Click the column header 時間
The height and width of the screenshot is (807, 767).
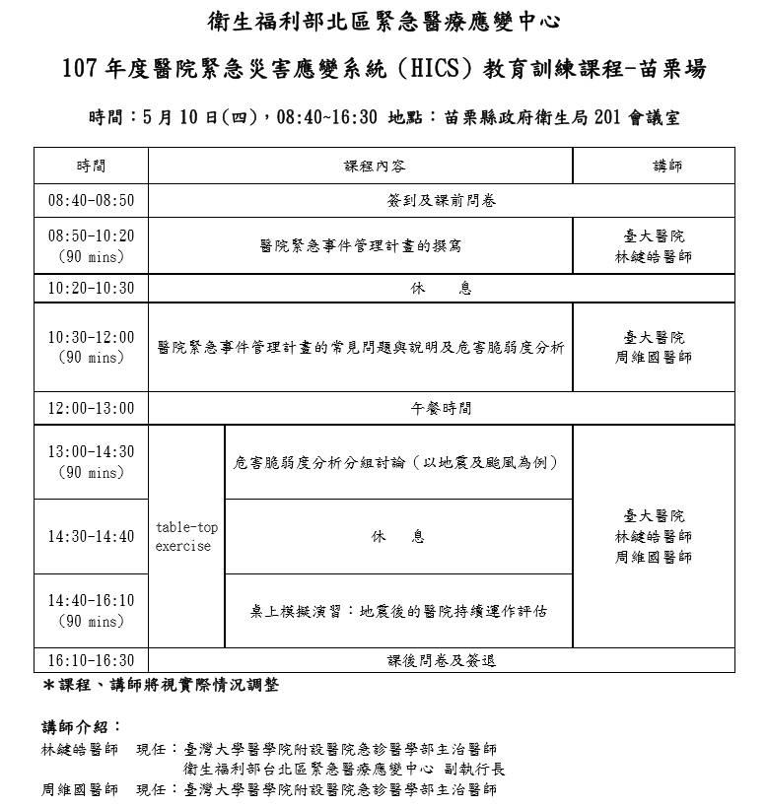(91, 167)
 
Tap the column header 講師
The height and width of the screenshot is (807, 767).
(654, 167)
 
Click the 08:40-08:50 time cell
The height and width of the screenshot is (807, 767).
(91, 201)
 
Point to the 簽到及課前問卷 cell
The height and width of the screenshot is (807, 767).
(441, 201)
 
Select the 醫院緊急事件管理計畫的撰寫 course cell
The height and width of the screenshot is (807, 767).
(360, 246)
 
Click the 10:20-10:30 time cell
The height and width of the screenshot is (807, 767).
(91, 289)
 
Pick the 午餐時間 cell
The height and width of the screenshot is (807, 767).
(441, 408)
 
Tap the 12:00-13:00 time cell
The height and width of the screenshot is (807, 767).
(91, 408)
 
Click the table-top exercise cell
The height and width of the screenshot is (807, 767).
(186, 537)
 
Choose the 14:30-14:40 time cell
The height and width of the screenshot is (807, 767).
(91, 537)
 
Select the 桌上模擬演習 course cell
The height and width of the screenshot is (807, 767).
(398, 611)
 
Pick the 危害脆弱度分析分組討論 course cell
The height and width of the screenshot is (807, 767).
(398, 462)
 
